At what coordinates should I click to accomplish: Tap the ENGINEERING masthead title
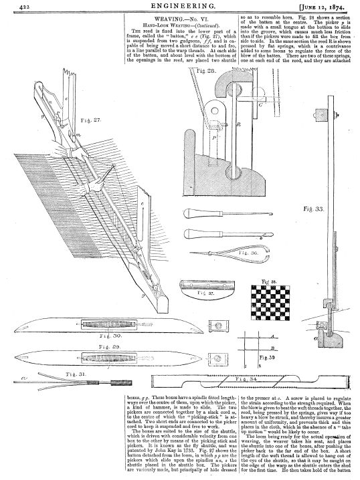point(181,5)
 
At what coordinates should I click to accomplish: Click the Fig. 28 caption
point(207,72)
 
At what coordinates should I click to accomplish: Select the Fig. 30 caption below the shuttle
point(110,336)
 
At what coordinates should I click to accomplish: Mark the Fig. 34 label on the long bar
point(246,379)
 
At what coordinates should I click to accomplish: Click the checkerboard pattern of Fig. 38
point(270,303)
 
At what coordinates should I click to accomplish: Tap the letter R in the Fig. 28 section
point(239,124)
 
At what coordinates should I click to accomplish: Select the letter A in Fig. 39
point(272,336)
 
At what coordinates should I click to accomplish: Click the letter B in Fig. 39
point(272,348)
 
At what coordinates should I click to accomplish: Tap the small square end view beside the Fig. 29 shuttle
point(218,358)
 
